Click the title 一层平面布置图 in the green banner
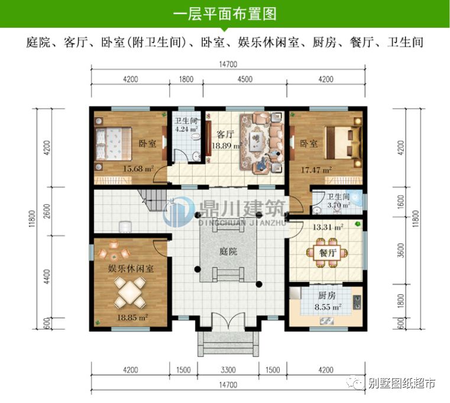pos(225,14)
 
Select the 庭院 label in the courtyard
pos(228,251)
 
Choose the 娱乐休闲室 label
pos(131,268)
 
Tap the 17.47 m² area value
pos(316,170)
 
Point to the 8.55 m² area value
pos(327,307)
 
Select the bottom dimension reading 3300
pos(228,370)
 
